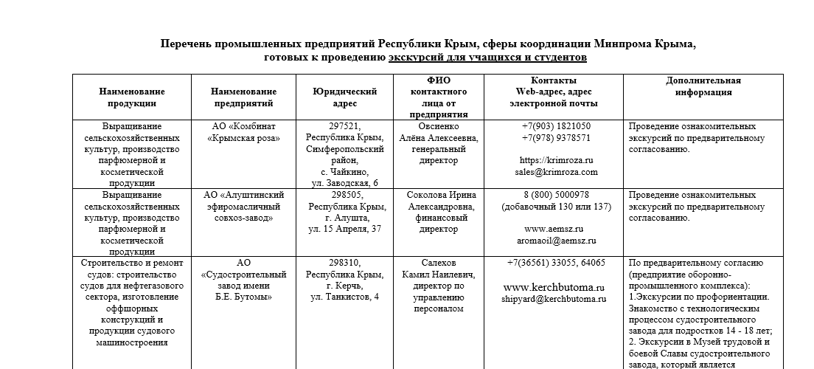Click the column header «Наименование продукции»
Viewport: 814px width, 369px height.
132,97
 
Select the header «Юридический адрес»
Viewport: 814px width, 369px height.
344,97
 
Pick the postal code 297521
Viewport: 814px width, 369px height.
344,126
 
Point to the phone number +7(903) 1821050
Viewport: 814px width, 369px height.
556,126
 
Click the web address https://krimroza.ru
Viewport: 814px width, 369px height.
556,160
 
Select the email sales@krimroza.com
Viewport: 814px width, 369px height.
556,172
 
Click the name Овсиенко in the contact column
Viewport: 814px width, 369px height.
438,126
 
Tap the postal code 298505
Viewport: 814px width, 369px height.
344,195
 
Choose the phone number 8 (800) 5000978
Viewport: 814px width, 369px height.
556,195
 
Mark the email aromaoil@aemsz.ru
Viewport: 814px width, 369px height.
556,241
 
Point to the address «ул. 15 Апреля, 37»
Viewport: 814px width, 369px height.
344,229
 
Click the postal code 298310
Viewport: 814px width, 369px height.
344,263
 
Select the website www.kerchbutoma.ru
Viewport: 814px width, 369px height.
554,287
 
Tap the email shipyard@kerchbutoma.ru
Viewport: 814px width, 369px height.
554,299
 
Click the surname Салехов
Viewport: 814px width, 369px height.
438,263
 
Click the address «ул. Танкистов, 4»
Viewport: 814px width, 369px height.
344,297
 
